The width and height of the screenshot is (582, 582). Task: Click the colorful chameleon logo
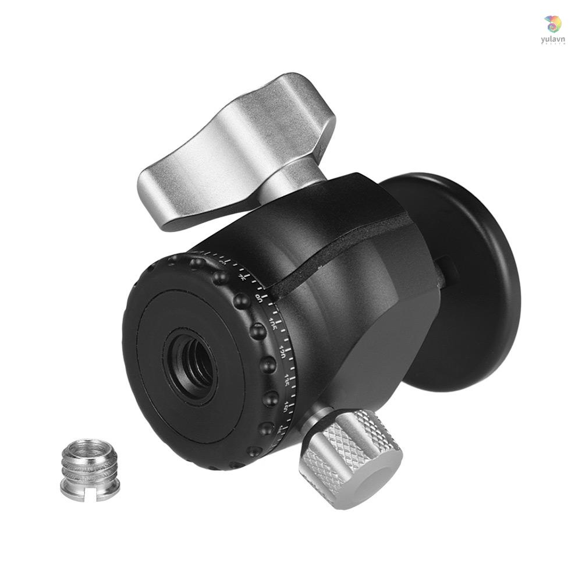(553, 23)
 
